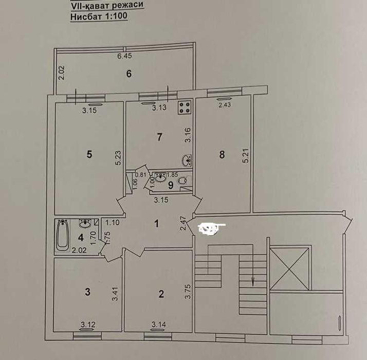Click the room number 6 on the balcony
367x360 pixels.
(x=129, y=74)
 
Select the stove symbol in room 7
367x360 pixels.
(x=185, y=107)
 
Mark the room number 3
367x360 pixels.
(x=87, y=292)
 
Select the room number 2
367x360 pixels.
(x=161, y=294)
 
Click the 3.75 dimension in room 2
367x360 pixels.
(x=188, y=292)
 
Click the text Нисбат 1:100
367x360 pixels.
(x=99, y=16)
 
